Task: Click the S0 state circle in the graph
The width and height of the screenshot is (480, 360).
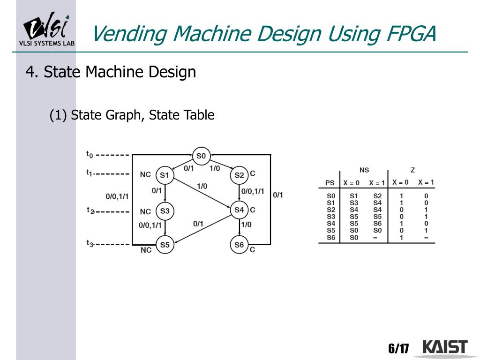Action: click(201, 156)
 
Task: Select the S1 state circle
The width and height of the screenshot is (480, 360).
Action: click(165, 175)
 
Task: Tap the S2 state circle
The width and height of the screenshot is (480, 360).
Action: click(239, 175)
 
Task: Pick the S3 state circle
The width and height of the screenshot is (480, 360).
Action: click(165, 211)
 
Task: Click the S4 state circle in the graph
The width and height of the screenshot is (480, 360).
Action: click(239, 210)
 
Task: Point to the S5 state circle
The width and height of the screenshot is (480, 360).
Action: click(165, 245)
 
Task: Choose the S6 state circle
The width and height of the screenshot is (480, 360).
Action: click(239, 245)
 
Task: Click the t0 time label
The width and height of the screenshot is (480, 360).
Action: click(90, 154)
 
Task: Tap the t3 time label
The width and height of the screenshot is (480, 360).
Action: click(90, 243)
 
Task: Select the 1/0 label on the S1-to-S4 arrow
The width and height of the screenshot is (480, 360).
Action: click(202, 186)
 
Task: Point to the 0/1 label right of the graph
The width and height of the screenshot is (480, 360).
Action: click(278, 195)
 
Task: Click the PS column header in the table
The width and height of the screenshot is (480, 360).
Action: click(330, 183)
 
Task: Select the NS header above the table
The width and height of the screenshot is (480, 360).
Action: click(364, 170)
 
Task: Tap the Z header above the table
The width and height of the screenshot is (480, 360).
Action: click(412, 170)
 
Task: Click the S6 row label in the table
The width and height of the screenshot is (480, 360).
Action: click(331, 238)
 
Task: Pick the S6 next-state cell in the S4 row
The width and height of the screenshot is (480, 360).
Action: click(377, 224)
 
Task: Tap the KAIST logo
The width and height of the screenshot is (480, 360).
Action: click(445, 347)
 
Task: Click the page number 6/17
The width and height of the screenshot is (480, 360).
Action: click(398, 348)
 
